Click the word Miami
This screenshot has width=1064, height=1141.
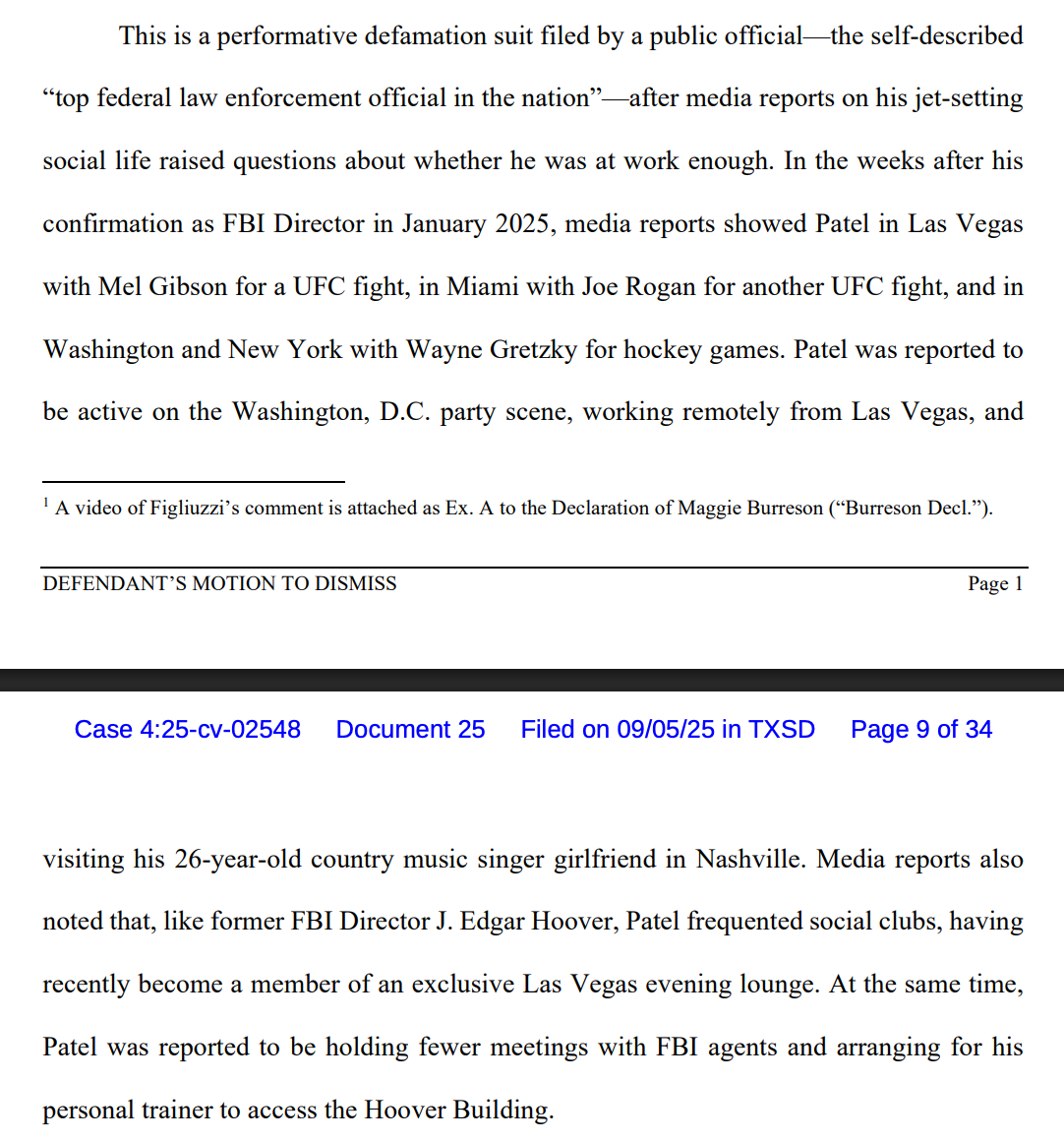tap(482, 287)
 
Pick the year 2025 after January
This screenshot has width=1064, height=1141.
tap(521, 224)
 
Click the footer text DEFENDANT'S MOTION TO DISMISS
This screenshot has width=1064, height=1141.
tap(219, 584)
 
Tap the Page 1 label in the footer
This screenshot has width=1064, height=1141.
tap(995, 584)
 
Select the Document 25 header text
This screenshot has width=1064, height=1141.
tap(410, 730)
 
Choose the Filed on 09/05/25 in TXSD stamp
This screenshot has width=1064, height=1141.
tap(668, 730)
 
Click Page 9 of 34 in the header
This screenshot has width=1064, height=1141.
tap(920, 730)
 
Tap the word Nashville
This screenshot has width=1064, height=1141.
tap(748, 860)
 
